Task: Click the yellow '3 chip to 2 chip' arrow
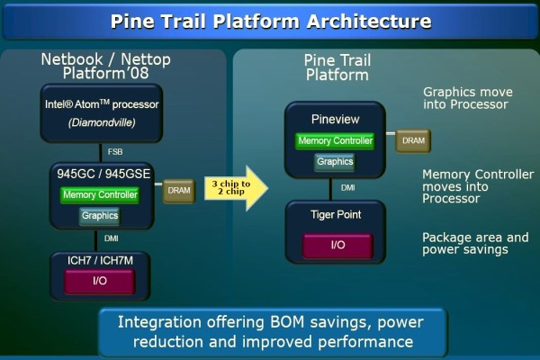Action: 236,188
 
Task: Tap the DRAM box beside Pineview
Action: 413,140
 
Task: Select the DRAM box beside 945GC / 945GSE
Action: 179,191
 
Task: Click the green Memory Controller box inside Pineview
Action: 335,141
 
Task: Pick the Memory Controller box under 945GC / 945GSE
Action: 100,195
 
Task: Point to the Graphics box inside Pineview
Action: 335,162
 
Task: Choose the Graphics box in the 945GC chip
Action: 100,216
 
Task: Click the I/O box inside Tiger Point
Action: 337,246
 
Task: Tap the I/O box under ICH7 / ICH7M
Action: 100,281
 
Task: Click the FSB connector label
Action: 115,152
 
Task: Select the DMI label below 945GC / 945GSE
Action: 112,238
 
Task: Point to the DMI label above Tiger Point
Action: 347,188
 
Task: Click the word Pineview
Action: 335,119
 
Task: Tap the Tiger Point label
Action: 336,214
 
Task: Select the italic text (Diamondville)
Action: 102,122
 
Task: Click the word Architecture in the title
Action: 368,22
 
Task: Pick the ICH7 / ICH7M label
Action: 100,260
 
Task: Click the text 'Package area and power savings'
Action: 475,244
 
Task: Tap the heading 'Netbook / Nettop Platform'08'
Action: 105,66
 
